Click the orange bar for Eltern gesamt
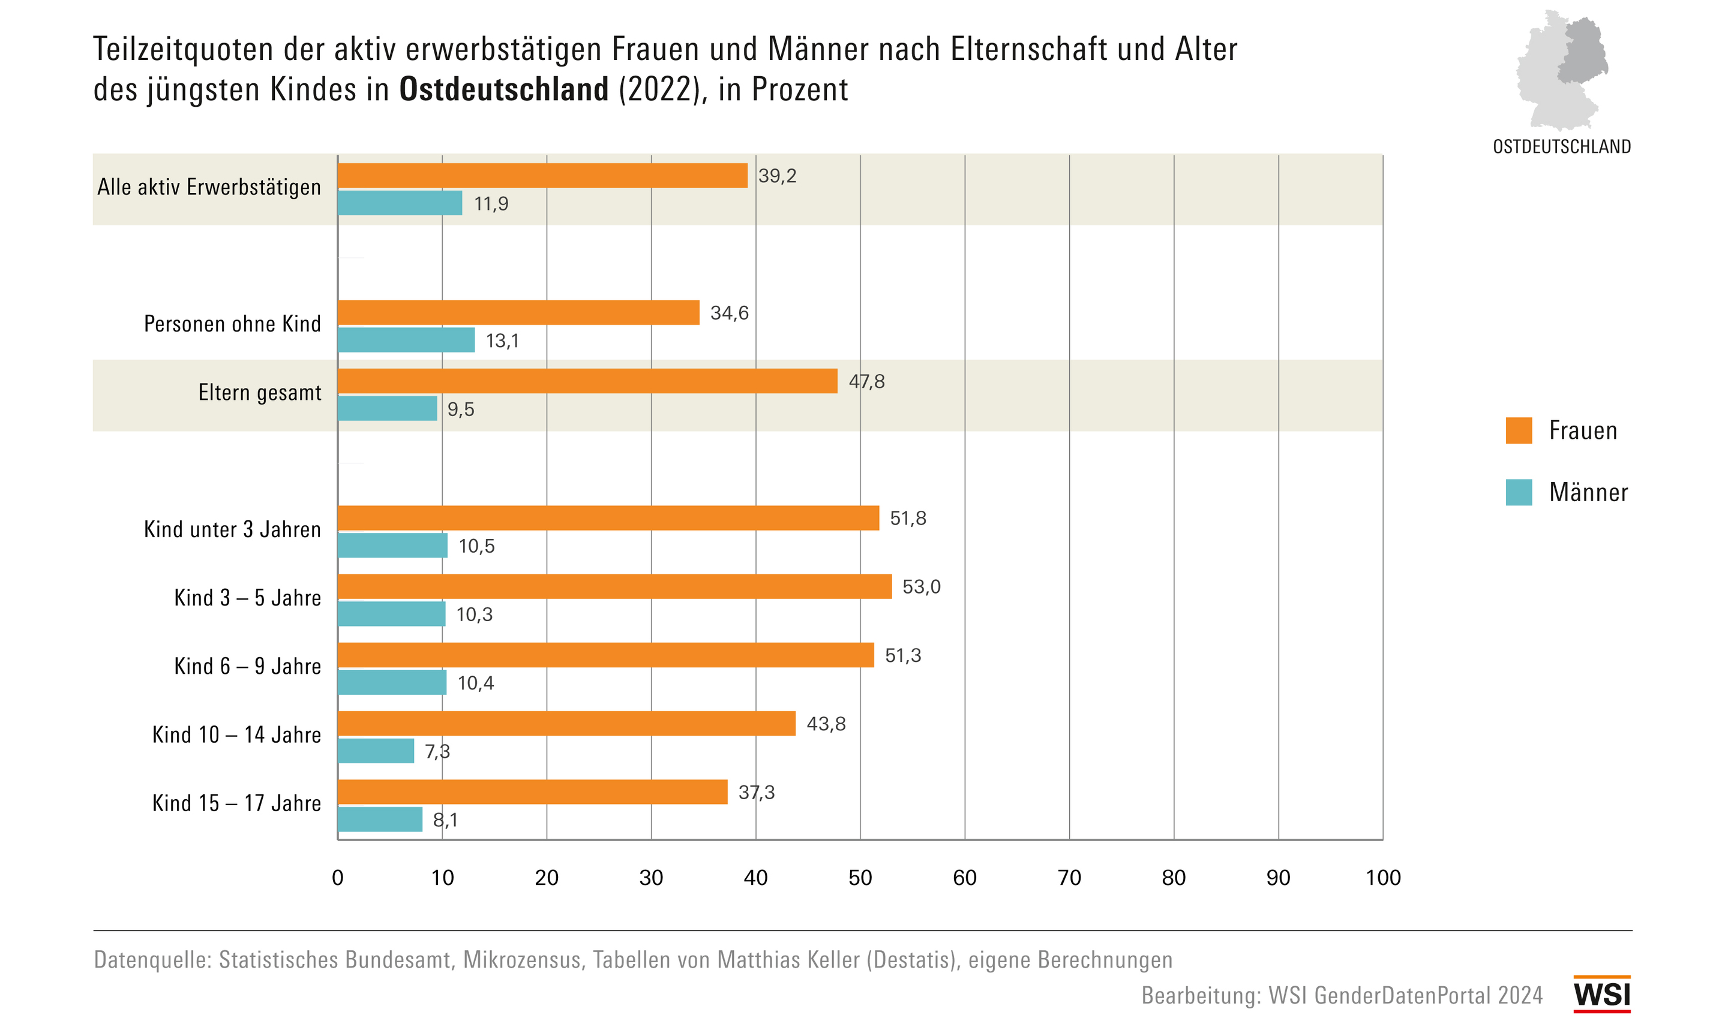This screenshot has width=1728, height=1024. pos(587,381)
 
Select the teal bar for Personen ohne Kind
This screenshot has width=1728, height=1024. pos(406,339)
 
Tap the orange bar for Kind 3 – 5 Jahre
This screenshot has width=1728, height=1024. pos(614,586)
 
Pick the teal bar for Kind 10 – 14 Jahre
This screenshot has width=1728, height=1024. pos(376,751)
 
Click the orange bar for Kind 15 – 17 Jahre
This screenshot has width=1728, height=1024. pos(532,792)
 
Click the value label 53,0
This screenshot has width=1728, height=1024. pos(921,586)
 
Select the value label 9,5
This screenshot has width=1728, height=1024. pos(460,409)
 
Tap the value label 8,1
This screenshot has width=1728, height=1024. pos(445,820)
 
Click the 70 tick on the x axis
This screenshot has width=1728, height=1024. pos(1069,878)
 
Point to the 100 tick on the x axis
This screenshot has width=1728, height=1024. pos(1383,878)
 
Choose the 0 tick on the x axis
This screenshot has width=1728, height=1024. pos(338,878)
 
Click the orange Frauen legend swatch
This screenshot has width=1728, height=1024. pos(1519,430)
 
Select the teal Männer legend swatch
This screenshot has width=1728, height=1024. pos(1519,492)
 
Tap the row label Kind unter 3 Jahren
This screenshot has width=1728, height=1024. pos(232,529)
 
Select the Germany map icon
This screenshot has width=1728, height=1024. pos(1562,69)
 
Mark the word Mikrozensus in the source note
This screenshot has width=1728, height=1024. pos(521,960)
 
